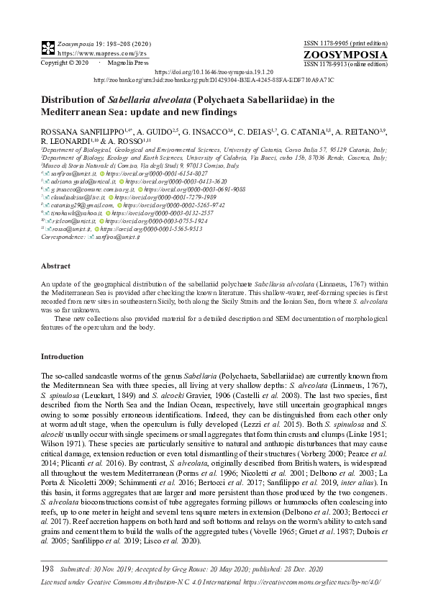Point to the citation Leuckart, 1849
click(99, 395)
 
